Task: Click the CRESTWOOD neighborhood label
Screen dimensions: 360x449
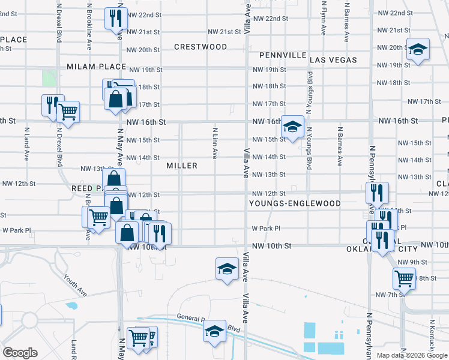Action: pos(200,47)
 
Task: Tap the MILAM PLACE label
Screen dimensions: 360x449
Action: pos(96,67)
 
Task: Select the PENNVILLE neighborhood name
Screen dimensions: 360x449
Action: pos(283,55)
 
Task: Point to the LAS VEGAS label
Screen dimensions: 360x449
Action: pos(333,60)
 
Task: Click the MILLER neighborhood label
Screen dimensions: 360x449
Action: pos(182,166)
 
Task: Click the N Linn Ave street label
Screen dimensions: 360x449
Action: pos(214,143)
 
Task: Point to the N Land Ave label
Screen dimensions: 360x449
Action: pos(26,144)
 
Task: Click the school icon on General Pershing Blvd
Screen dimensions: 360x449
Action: pos(214,330)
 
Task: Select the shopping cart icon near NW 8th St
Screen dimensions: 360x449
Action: pos(404,278)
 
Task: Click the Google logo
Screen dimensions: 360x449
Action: pos(20,352)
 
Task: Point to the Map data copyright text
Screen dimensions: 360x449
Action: pos(412,355)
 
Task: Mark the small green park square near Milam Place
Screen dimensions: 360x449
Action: pos(49,78)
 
